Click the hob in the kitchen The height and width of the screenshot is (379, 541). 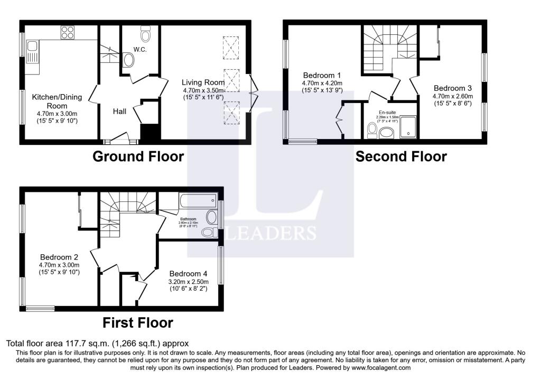[67, 33]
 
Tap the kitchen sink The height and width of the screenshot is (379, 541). [32, 52]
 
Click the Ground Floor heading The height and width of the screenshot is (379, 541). [138, 156]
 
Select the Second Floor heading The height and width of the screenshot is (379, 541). [401, 156]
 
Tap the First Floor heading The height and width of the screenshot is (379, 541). [137, 322]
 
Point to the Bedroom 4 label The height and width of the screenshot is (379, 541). [188, 274]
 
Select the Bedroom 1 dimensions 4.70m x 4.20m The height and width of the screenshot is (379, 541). [322, 83]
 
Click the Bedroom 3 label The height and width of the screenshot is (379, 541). [453, 88]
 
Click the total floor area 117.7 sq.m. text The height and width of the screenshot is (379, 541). [97, 344]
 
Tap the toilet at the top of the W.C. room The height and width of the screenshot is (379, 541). [146, 35]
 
